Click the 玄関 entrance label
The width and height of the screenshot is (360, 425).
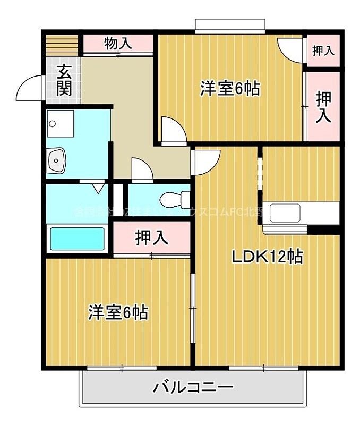pyautogui.click(x=64, y=80)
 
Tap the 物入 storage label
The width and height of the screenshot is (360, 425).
pyautogui.click(x=118, y=43)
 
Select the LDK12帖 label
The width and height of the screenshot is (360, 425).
pyautogui.click(x=267, y=257)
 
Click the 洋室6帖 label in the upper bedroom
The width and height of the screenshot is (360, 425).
pyautogui.click(x=229, y=88)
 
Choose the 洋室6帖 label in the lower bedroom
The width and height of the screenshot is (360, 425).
pyautogui.click(x=117, y=312)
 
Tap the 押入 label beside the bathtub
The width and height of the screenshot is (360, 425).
pyautogui.click(x=152, y=238)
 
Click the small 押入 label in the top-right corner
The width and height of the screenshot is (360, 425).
pyautogui.click(x=323, y=50)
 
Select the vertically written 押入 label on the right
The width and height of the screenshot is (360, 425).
pyautogui.click(x=323, y=107)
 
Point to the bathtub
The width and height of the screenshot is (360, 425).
pyautogui.click(x=78, y=239)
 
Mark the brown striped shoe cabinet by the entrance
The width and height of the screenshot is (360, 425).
pyautogui.click(x=62, y=44)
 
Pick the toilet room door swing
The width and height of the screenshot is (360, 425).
pyautogui.click(x=142, y=171)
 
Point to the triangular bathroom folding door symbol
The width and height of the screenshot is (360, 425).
pyautogui.click(x=97, y=188)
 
